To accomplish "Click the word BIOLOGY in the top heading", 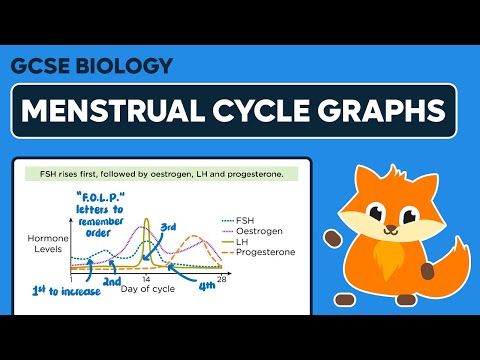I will (x=124, y=67).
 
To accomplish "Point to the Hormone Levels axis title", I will (x=47, y=246).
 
